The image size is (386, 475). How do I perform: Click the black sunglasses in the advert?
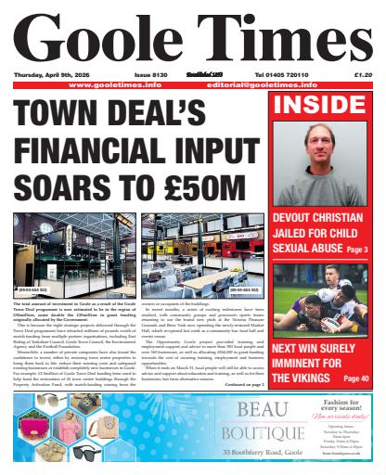pos(87,453)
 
